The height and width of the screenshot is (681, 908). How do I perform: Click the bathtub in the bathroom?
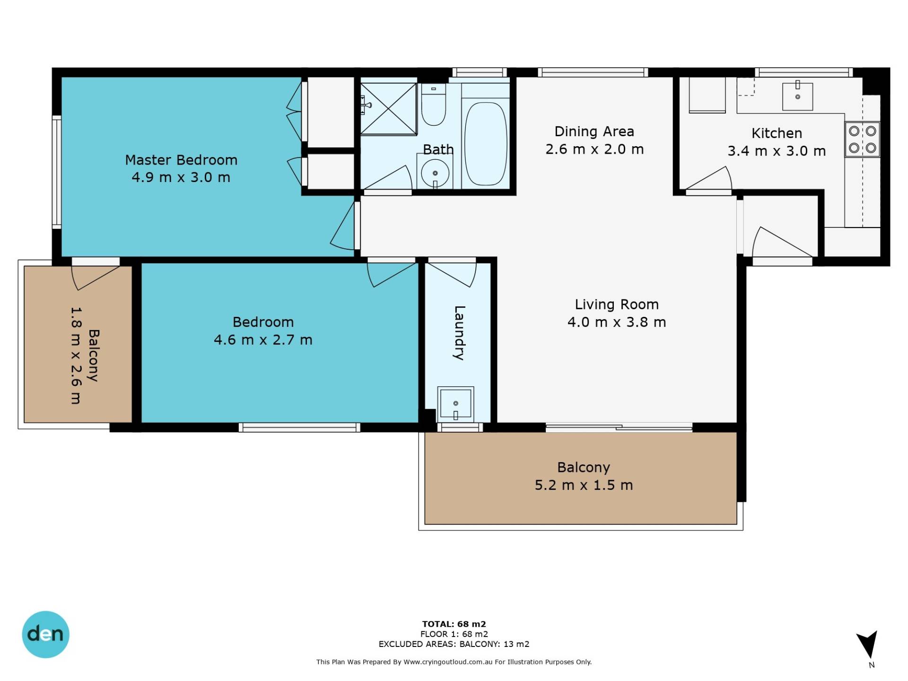(485, 144)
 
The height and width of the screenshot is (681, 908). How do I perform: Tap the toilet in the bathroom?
(434, 105)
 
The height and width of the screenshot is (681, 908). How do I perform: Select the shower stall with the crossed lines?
(389, 108)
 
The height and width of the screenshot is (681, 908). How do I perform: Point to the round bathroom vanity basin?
(435, 173)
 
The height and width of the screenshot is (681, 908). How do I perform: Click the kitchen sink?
(797, 96)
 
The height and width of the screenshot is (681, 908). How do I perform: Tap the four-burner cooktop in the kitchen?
(862, 139)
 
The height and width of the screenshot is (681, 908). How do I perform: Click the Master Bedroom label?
(181, 160)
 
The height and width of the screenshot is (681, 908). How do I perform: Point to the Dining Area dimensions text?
(594, 149)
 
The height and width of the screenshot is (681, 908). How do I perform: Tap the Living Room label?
(617, 305)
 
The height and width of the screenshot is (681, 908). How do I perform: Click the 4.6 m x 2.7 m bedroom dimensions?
(263, 340)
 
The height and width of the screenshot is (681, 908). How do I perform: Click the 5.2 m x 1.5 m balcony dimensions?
(584, 485)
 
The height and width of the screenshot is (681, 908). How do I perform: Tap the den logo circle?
(45, 634)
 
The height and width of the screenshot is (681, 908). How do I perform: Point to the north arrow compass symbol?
(868, 645)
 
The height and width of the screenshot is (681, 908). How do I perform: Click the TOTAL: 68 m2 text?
(454, 624)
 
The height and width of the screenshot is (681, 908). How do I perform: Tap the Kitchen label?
(777, 133)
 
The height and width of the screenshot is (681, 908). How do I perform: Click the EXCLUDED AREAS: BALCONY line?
(454, 644)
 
